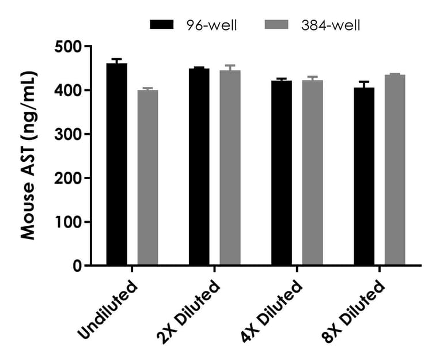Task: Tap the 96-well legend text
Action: click(x=211, y=25)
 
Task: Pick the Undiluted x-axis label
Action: click(x=109, y=308)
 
